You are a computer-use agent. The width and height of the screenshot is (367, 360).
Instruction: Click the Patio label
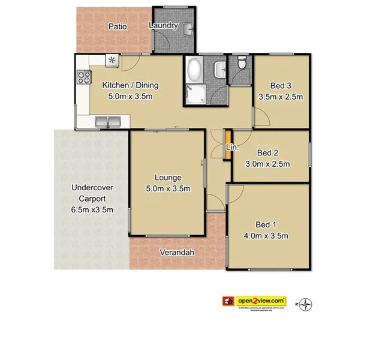click(116, 26)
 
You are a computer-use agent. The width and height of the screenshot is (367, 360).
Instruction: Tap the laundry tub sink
click(188, 29)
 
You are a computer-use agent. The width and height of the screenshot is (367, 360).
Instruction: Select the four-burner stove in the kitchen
click(84, 77)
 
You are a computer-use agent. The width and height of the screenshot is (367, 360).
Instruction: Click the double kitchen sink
click(108, 122)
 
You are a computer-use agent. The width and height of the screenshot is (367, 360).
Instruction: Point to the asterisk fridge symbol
click(112, 60)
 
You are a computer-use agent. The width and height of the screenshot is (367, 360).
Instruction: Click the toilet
click(241, 62)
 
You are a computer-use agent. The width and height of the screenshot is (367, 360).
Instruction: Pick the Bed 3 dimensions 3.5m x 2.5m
click(281, 97)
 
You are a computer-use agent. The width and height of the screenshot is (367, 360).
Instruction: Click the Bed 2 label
click(269, 153)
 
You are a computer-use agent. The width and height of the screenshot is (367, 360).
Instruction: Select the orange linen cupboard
click(227, 145)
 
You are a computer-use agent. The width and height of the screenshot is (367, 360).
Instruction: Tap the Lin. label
click(233, 148)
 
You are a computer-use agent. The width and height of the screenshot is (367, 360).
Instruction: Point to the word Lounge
click(168, 177)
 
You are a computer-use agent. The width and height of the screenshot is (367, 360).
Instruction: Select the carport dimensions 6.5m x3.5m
click(92, 209)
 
